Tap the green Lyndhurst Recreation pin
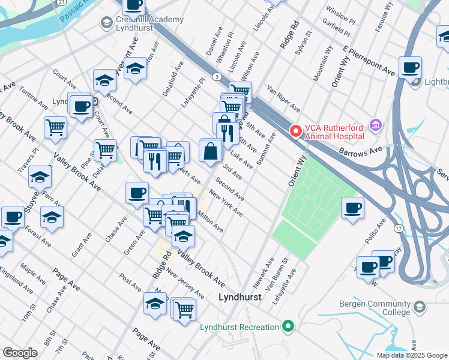[288, 327]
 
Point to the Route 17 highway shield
[398, 229]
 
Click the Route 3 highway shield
[215, 77]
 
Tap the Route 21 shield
[62, 2]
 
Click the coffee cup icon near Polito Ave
[352, 208]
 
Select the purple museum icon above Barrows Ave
[376, 125]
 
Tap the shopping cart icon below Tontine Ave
[55, 127]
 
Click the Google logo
[20, 352]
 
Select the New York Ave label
[226, 203]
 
